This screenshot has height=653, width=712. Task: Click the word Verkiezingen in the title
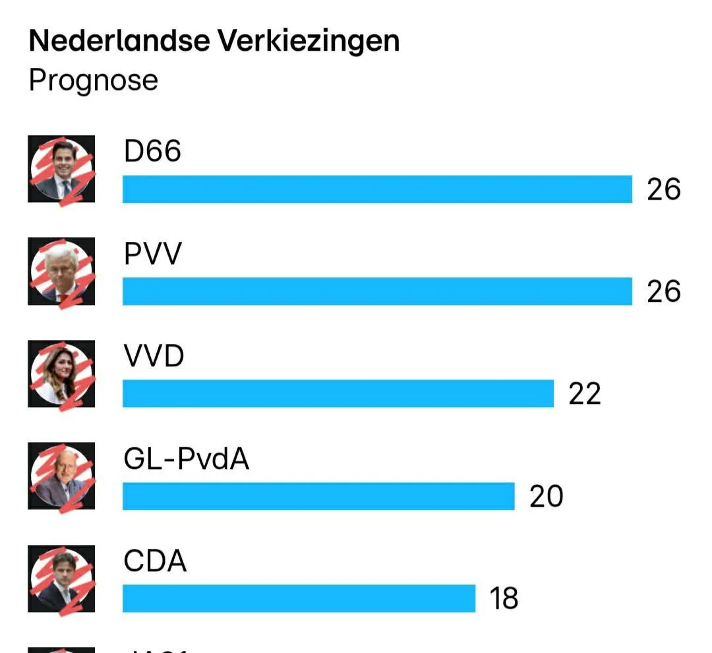(x=309, y=42)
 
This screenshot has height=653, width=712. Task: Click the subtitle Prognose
(x=94, y=80)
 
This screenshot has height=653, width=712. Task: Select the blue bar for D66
(x=377, y=189)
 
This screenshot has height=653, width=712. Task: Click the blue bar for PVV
(x=377, y=291)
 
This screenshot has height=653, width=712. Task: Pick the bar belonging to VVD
(x=338, y=393)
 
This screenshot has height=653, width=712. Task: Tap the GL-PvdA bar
(x=318, y=496)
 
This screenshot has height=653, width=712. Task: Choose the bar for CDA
(x=299, y=598)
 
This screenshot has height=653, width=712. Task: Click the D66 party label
(x=152, y=152)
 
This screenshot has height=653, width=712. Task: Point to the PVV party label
(x=152, y=254)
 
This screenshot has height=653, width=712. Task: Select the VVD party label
(x=154, y=356)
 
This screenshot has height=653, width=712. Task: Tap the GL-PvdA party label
(x=187, y=459)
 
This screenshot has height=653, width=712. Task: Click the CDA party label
(x=155, y=561)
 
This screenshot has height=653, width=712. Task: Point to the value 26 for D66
(x=663, y=190)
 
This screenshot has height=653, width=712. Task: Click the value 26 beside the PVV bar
(x=663, y=292)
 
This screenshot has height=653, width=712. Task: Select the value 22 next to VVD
(x=585, y=394)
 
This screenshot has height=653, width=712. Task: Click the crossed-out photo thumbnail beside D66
(x=61, y=169)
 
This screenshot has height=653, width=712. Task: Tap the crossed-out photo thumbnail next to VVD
(x=61, y=374)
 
